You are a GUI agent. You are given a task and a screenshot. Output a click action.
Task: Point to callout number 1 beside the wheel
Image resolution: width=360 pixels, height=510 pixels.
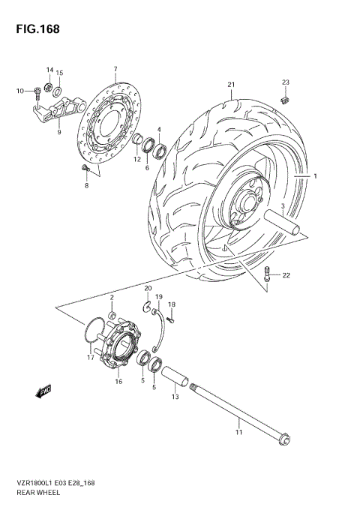tap(316, 177)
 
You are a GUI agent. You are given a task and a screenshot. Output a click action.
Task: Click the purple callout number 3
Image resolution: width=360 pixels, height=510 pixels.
tap(282, 205)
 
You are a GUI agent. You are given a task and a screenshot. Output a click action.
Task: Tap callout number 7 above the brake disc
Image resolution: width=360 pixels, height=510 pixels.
tap(115, 69)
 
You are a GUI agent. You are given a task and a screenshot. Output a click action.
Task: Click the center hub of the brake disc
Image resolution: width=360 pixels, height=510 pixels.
tap(109, 128)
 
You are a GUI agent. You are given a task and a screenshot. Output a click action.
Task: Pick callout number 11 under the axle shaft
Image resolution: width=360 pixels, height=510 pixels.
tap(239, 433)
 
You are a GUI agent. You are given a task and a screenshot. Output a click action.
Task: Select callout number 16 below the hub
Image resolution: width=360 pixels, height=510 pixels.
tap(118, 382)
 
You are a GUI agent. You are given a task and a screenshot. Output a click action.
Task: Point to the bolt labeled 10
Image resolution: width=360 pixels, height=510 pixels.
tap(36, 93)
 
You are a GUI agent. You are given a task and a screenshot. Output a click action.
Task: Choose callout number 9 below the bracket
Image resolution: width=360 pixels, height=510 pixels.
tap(59, 132)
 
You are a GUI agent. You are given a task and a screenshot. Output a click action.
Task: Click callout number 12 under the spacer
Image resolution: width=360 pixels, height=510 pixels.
tap(137, 159)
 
